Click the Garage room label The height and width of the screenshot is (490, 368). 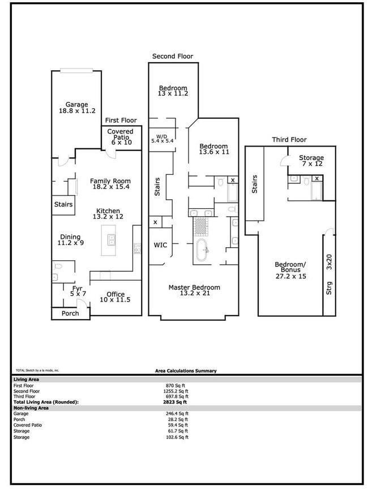(76, 105)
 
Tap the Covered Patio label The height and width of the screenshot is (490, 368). (120, 132)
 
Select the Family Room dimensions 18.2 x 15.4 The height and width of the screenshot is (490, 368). (110, 186)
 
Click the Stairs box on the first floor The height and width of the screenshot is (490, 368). (63, 204)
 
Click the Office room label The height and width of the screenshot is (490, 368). (115, 294)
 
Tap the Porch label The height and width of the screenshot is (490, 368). (70, 313)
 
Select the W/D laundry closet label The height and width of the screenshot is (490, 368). (161, 135)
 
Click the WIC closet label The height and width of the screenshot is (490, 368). (161, 246)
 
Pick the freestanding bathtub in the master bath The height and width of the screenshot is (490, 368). (202, 250)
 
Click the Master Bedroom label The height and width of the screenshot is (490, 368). (194, 287)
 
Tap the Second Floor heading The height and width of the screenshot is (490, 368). (173, 57)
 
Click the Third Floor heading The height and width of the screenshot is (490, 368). (289, 140)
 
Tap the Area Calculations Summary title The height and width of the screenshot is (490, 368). (186, 371)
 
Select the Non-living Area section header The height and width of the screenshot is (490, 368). (31, 407)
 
